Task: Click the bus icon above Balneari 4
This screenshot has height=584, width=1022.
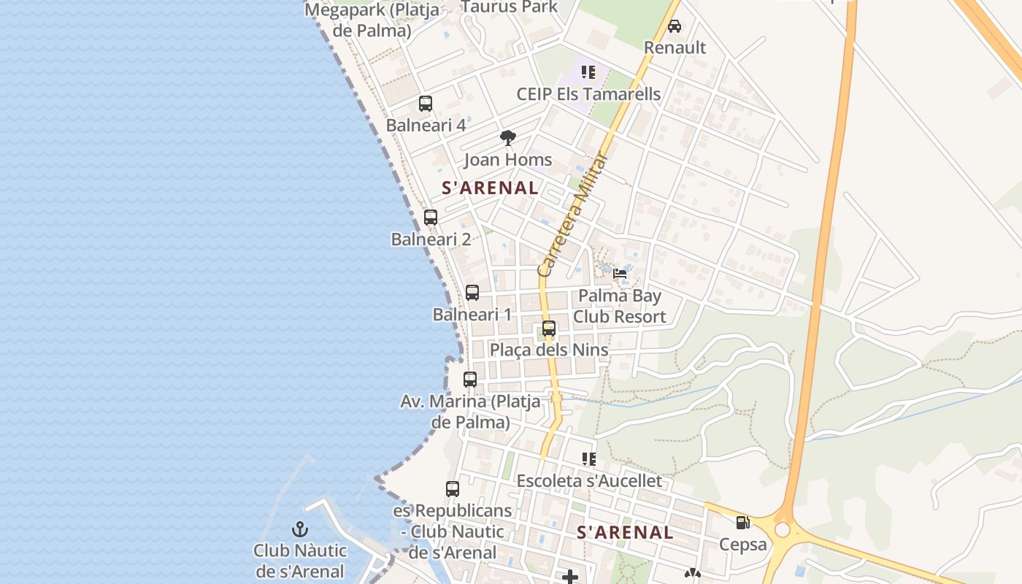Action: pos(426,104)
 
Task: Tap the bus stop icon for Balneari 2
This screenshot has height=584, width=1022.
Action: pos(431,218)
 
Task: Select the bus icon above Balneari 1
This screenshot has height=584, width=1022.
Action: pos(472,293)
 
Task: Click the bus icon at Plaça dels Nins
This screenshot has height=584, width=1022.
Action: pos(549,328)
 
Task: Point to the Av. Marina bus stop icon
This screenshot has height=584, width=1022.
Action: pos(470,380)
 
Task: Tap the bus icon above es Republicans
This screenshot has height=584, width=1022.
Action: pos(453,489)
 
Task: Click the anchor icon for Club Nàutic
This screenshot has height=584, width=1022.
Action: pos(300,529)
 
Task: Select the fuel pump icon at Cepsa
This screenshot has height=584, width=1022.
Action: pos(743,523)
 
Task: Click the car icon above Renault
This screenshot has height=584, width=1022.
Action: pos(675,26)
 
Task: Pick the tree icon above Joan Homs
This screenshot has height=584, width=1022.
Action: pos(508,138)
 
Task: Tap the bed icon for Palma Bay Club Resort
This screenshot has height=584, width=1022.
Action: pos(620,274)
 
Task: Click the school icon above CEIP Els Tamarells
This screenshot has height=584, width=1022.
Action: pos(588,72)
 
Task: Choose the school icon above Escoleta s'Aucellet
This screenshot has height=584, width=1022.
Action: pos(588,459)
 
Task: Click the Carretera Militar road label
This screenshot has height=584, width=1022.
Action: pos(573,214)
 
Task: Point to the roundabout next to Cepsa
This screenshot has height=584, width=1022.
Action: pos(783,529)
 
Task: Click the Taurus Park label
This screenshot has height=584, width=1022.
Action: pos(509,7)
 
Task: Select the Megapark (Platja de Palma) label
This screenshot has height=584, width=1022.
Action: pos(372,20)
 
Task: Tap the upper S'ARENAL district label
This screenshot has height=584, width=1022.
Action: pos(491,188)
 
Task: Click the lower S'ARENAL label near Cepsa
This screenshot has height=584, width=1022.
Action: pos(625,532)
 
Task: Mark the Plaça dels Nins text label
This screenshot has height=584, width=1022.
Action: pos(549,350)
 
